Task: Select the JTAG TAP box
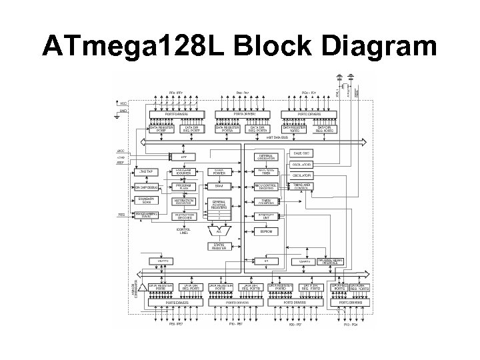click(x=145, y=173)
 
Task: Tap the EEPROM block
click(x=266, y=231)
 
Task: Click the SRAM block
click(x=219, y=186)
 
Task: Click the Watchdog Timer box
click(x=266, y=173)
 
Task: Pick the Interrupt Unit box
click(x=266, y=216)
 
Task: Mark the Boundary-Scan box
click(x=145, y=201)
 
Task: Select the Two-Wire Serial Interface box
click(x=329, y=262)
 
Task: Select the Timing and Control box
click(x=302, y=186)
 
